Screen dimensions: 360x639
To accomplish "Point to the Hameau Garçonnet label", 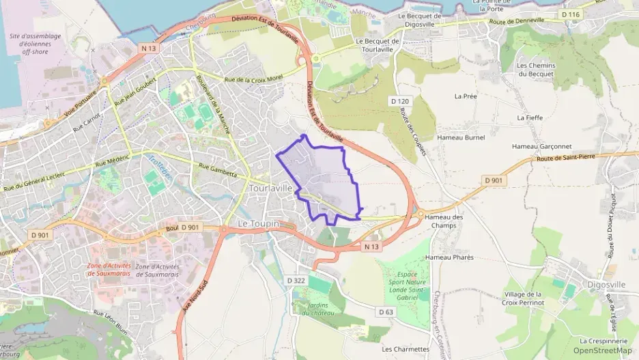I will pyautogui.click(x=541, y=146).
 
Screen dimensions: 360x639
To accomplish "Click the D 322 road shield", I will pyautogui.click(x=296, y=280).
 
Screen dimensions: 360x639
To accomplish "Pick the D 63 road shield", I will pyautogui.click(x=386, y=311).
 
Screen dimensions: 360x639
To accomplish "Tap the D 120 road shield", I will pyautogui.click(x=399, y=101).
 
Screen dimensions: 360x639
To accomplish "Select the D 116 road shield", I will pyautogui.click(x=570, y=14).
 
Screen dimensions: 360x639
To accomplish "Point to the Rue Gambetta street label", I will pyautogui.click(x=216, y=169).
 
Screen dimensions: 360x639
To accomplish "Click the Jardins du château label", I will pyautogui.click(x=315, y=309).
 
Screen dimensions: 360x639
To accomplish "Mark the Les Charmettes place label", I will pyautogui.click(x=406, y=348).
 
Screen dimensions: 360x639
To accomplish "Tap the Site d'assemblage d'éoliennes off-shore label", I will pyautogui.click(x=35, y=44).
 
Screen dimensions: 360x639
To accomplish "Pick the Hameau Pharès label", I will pyautogui.click(x=449, y=258).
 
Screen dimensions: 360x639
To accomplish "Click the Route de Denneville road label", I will pyautogui.click(x=517, y=20).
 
